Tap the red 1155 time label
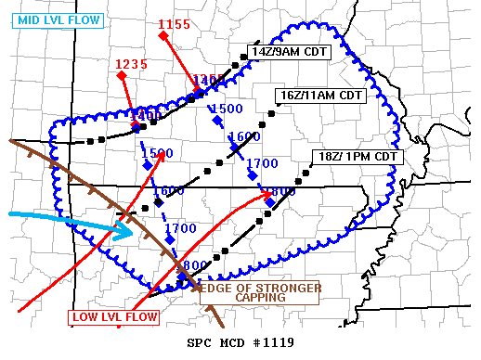[x=175, y=24]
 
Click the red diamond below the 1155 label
[x=162, y=36]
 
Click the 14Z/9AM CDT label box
[x=289, y=52]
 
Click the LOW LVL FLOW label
[x=114, y=317]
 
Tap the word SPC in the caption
[x=200, y=343]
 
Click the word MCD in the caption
[x=232, y=343]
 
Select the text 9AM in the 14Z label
[x=289, y=52]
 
